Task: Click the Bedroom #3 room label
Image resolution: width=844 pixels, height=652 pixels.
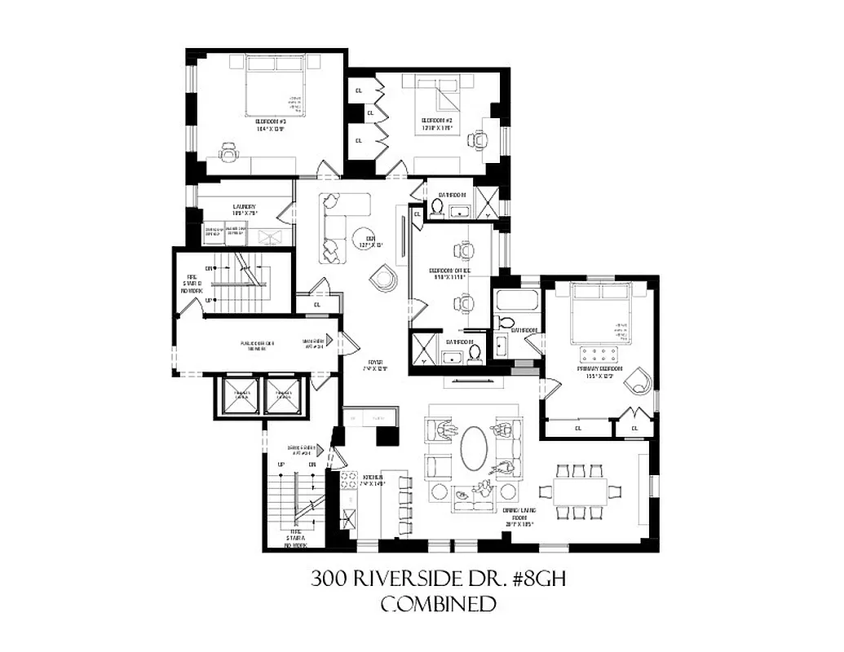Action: coord(263,124)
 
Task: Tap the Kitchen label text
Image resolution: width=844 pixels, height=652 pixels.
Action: coord(373,480)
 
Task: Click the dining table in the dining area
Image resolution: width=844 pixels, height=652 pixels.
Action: coord(584,491)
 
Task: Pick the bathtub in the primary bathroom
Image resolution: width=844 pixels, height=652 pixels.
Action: coord(517,302)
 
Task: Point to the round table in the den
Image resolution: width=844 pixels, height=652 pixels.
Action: coord(364,236)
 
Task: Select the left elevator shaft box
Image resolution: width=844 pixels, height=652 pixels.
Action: coord(241,396)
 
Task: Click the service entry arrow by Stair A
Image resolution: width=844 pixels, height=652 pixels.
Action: coord(322,450)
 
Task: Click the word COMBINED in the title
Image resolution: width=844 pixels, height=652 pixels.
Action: coord(440,604)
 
